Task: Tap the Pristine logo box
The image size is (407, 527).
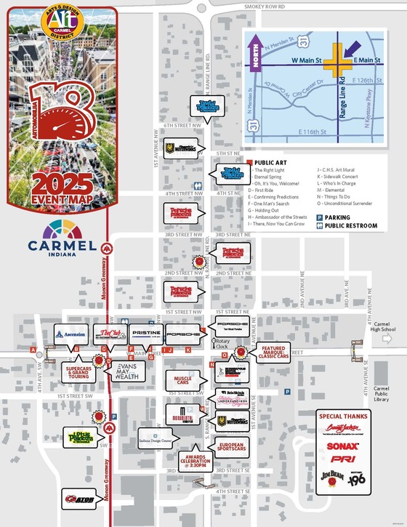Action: point(145,334)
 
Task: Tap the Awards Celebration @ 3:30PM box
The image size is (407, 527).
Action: point(194,459)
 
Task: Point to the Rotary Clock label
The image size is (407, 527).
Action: point(222,345)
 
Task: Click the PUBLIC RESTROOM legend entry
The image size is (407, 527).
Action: point(345,226)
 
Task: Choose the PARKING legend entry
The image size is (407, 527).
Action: point(337,217)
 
